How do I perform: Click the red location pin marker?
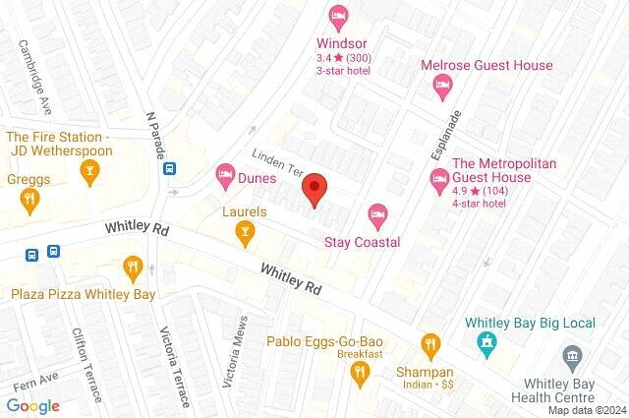point(314,188)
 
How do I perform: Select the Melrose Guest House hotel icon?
point(442,87)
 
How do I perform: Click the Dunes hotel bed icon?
point(225,177)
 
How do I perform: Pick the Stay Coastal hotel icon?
point(376,213)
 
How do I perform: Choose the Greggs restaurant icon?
point(29,200)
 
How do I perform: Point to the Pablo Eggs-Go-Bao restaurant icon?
point(360,372)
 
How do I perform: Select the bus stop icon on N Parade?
point(170,168)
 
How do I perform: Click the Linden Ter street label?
point(279,163)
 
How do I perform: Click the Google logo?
point(32,405)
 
